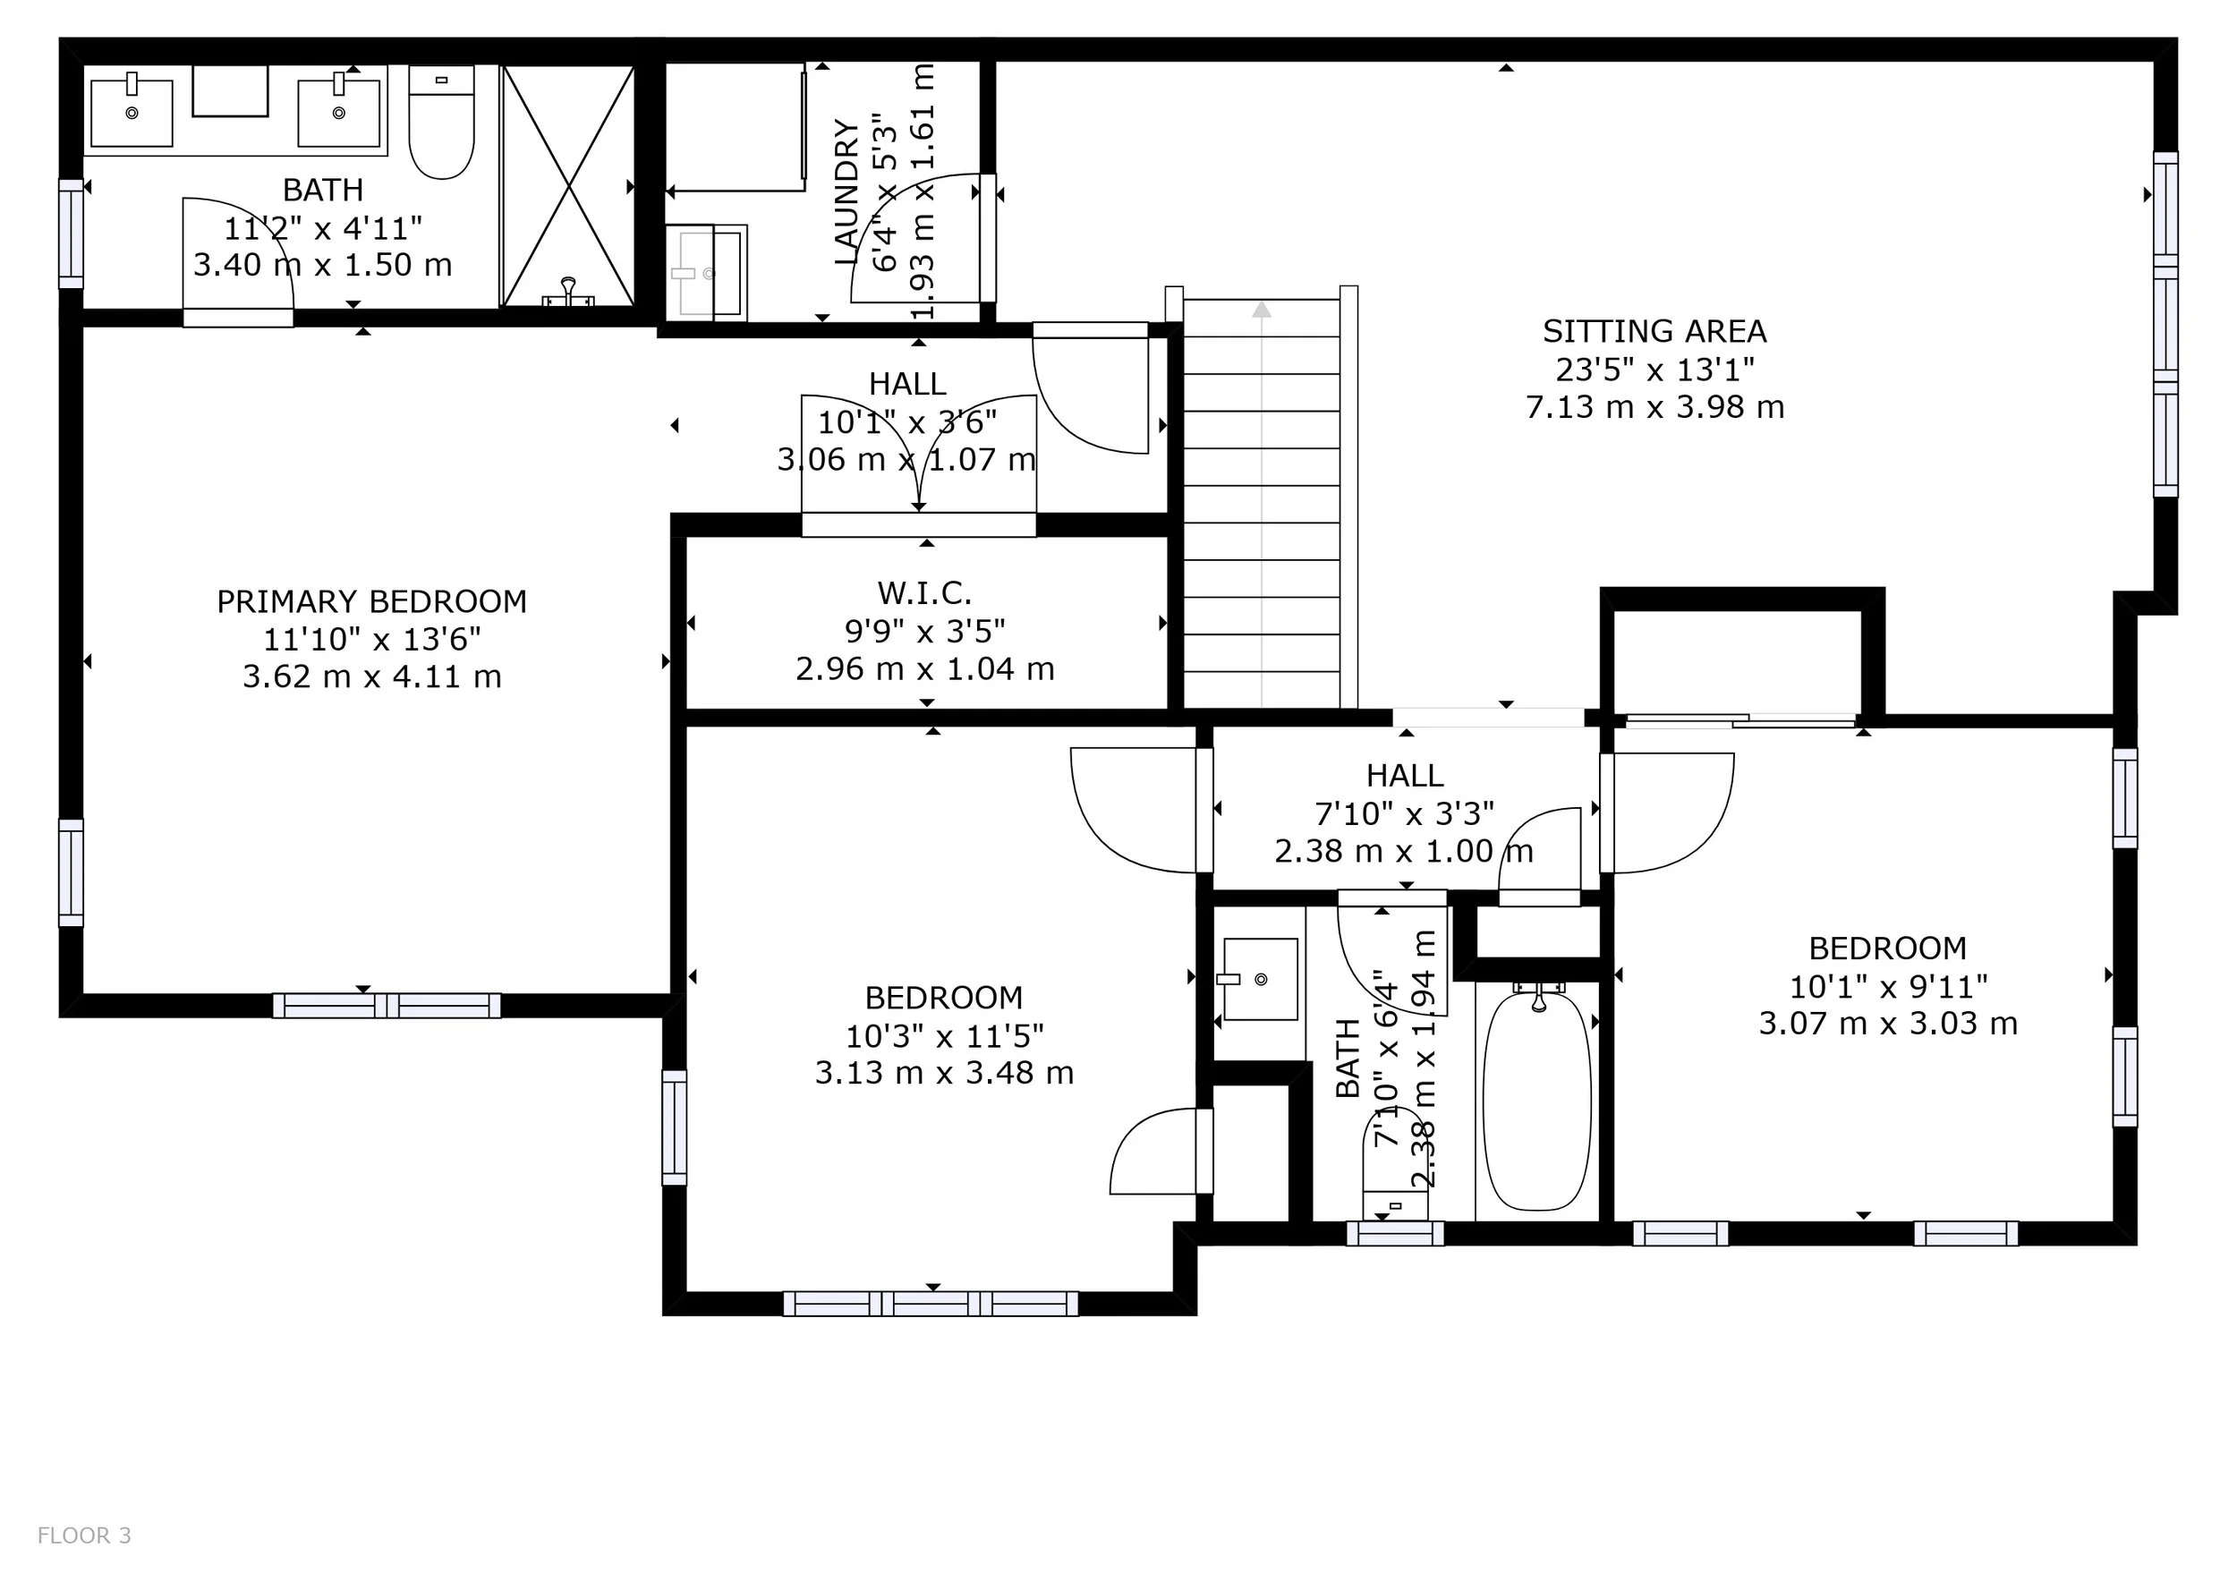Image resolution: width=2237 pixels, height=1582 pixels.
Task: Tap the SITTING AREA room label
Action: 1654,332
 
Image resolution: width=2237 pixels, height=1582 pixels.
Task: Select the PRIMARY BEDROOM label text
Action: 371,602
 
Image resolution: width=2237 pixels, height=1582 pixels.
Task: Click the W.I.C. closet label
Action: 924,593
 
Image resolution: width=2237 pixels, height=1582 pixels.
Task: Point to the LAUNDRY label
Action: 847,191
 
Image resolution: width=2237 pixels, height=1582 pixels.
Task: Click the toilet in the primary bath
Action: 441,122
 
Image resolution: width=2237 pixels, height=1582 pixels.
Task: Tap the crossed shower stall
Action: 568,185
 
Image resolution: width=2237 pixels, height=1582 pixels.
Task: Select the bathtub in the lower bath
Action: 1537,1100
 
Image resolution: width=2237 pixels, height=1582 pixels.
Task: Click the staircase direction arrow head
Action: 1262,309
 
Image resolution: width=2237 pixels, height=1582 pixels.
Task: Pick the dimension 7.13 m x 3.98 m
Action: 1654,407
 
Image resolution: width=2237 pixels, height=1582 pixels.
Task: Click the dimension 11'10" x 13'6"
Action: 371,640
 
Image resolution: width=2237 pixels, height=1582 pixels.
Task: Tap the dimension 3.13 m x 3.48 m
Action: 944,1074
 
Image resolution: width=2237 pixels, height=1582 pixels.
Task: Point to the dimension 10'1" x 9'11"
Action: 1888,987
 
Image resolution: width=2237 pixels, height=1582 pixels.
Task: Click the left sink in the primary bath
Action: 132,113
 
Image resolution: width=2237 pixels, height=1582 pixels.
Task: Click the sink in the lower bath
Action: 1259,979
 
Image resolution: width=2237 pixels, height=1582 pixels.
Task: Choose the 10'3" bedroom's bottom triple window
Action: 931,1304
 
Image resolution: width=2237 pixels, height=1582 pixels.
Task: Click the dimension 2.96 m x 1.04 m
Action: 924,669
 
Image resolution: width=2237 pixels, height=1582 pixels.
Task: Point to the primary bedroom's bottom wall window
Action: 387,1006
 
